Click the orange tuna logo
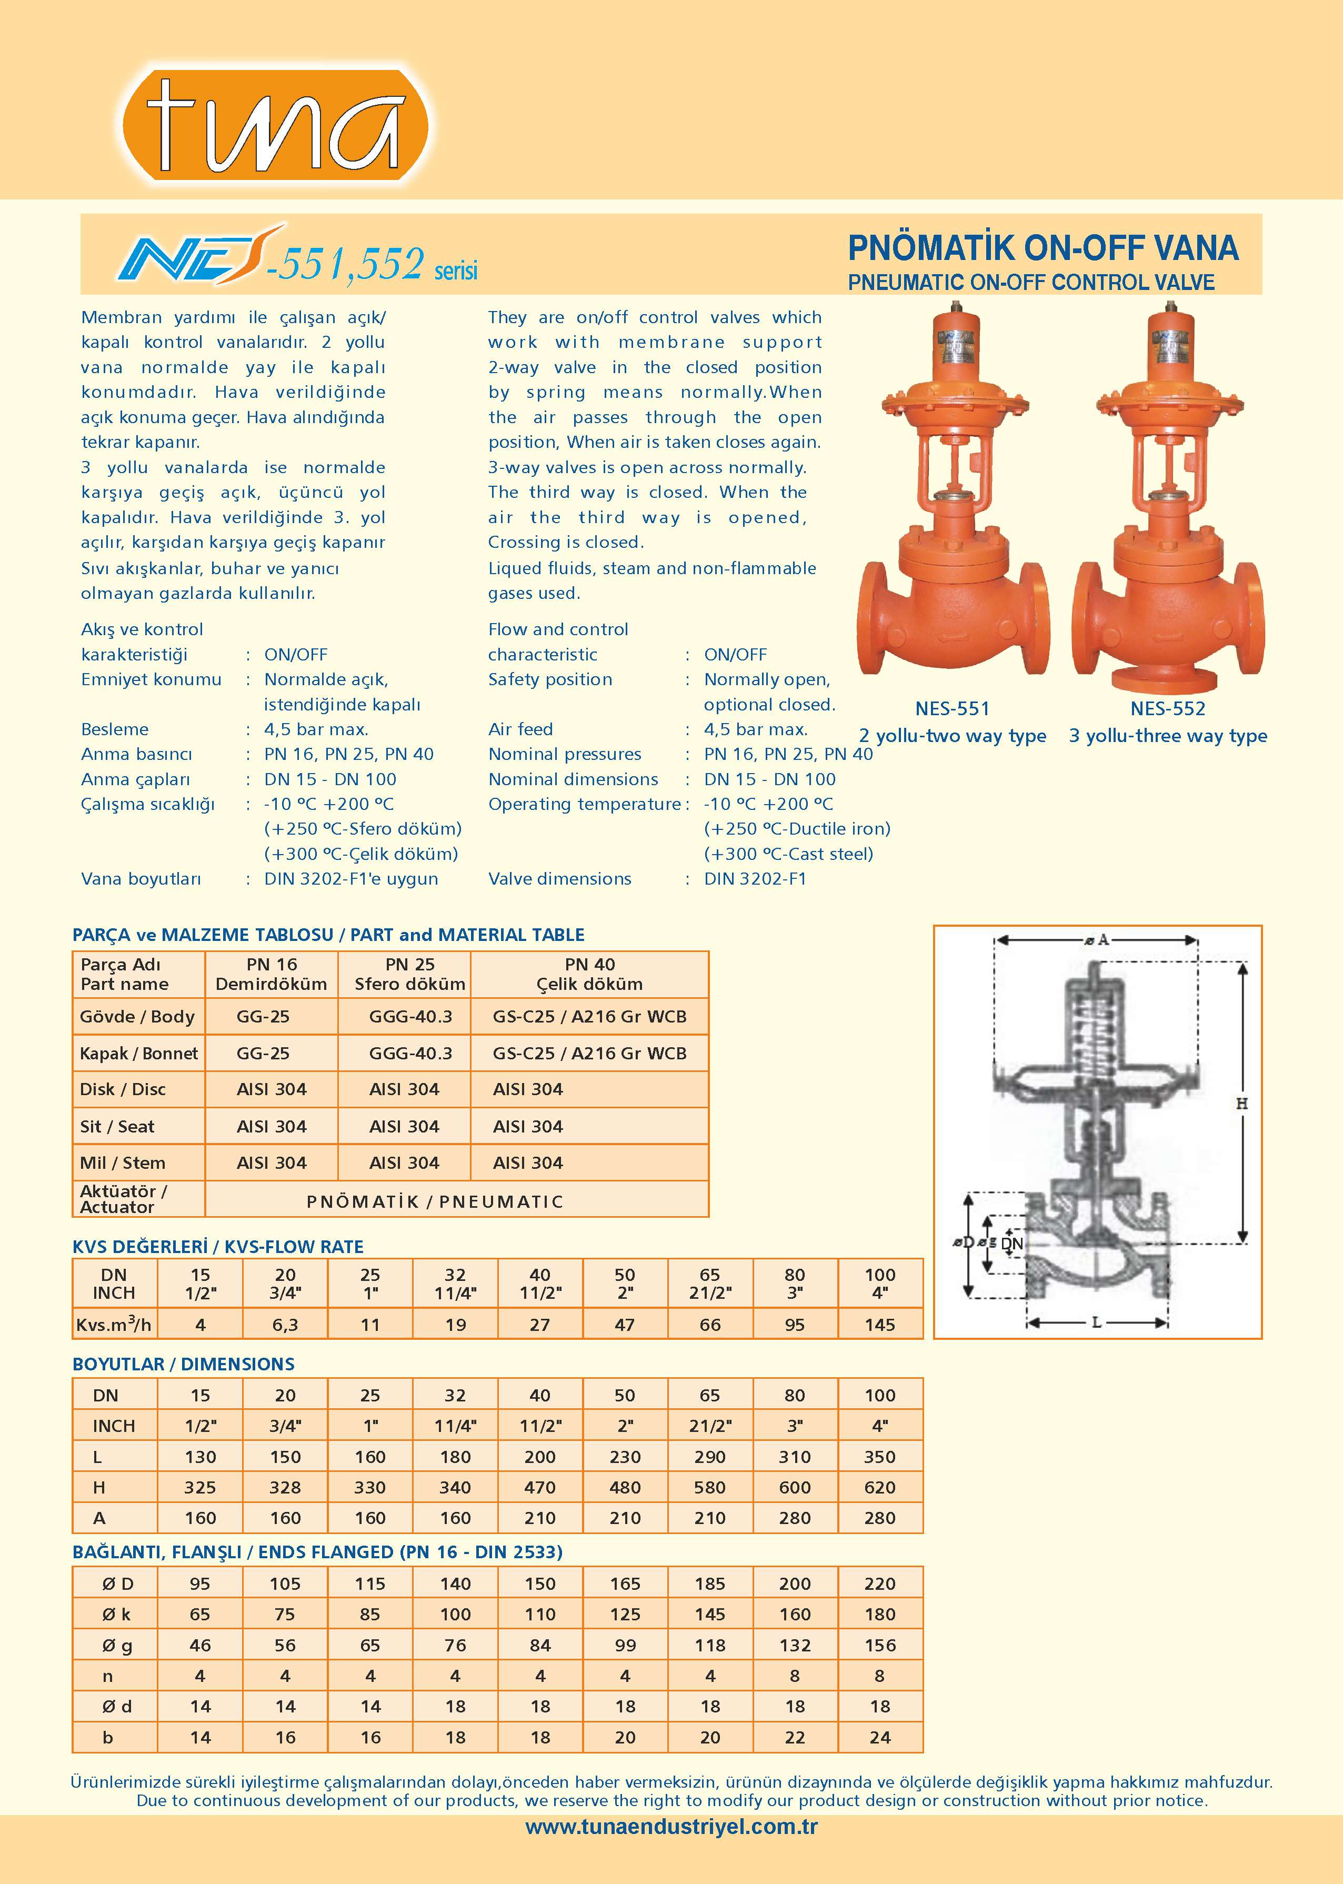pyautogui.click(x=275, y=126)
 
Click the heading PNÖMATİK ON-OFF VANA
pyautogui.click(x=1043, y=248)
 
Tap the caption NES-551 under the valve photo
pyautogui.click(x=952, y=709)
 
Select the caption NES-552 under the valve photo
pyautogui.click(x=1168, y=709)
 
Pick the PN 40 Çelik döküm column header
pyautogui.click(x=589, y=974)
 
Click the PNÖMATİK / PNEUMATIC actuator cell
pyautogui.click(x=435, y=1201)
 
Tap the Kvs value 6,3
pyautogui.click(x=285, y=1325)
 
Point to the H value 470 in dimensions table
pyautogui.click(x=539, y=1488)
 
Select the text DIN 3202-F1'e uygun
pyautogui.click(x=350, y=879)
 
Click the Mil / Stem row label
pyautogui.click(x=123, y=1163)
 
